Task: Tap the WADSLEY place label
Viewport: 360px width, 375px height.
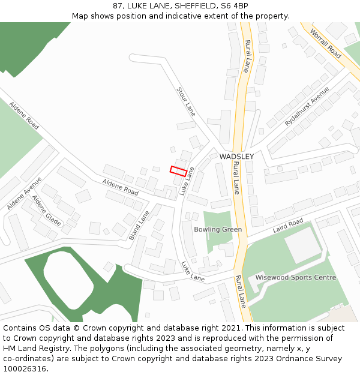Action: coord(236,157)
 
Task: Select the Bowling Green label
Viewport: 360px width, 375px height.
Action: coord(218,230)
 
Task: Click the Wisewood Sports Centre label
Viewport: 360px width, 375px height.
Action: coord(296,278)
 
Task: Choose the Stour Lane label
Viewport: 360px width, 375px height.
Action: coord(186,101)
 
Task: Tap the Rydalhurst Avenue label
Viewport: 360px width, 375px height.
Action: coord(307,106)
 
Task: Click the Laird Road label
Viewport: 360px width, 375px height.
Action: coord(288,227)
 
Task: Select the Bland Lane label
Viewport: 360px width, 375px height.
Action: coord(139,224)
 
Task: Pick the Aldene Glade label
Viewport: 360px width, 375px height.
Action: coord(47,211)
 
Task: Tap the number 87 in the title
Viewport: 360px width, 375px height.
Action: coord(118,6)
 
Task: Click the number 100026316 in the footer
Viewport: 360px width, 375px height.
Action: coord(25,369)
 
